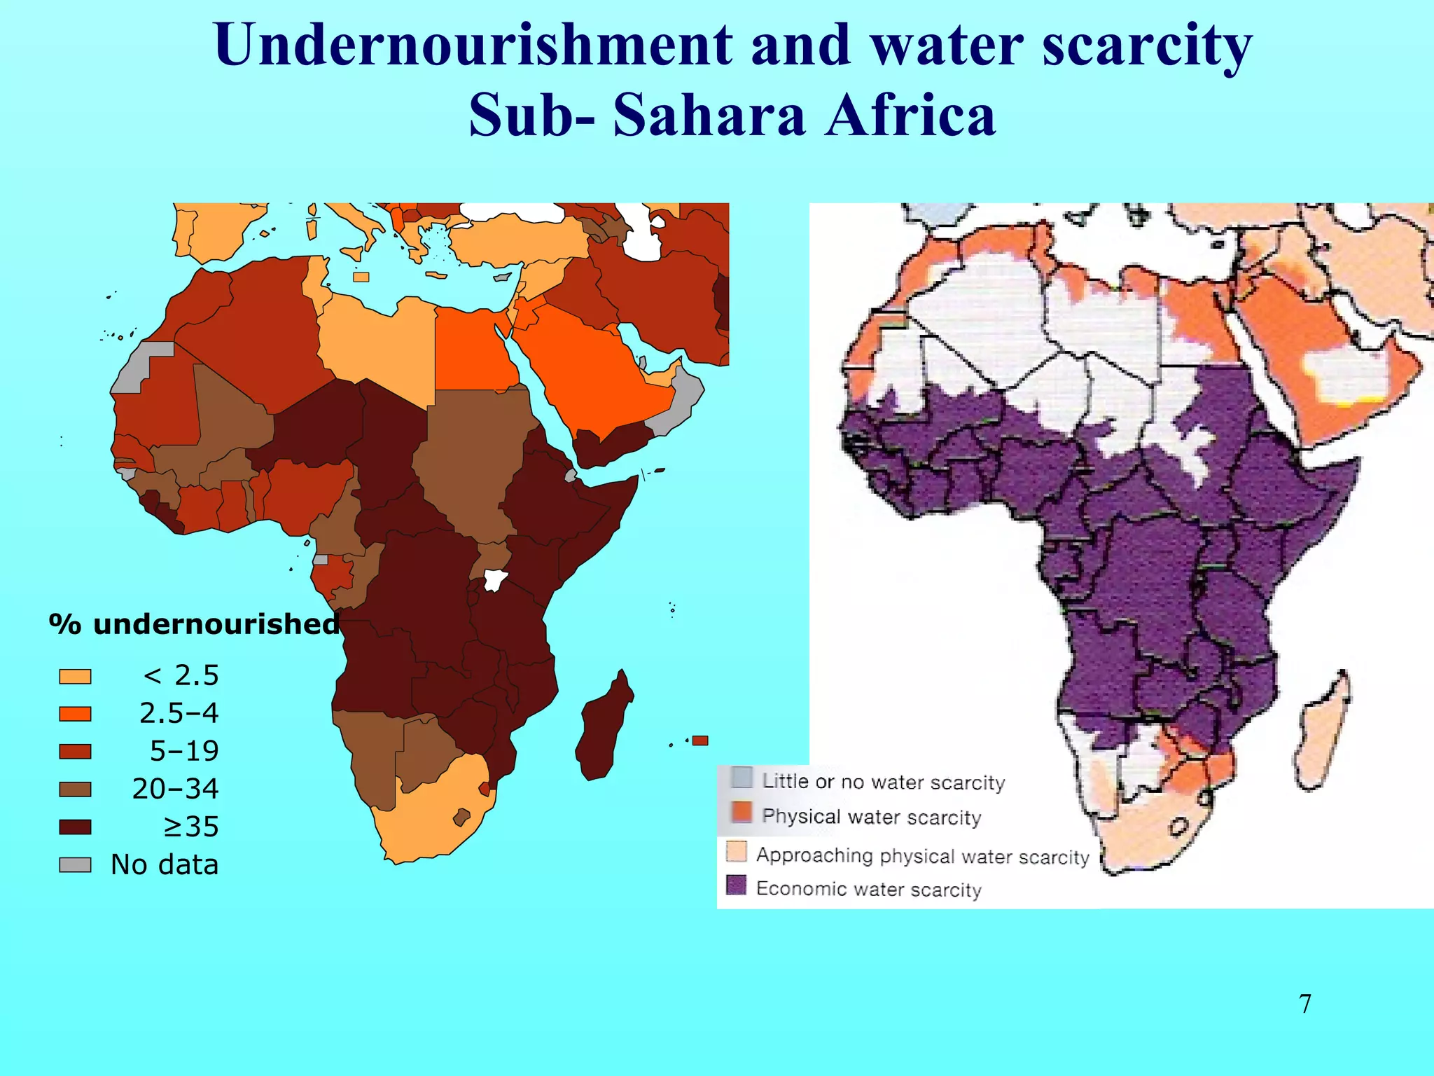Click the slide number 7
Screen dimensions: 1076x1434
(x=1305, y=1004)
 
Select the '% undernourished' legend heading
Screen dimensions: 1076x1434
(x=194, y=624)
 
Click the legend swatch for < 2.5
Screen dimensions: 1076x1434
(x=75, y=676)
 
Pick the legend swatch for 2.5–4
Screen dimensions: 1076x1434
(x=75, y=714)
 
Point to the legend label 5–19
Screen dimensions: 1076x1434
(x=184, y=751)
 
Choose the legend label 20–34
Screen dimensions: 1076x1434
(x=175, y=789)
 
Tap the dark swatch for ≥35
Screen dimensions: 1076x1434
(x=75, y=827)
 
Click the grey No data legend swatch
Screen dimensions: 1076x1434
(x=75, y=865)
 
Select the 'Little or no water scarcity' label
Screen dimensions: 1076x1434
(x=883, y=782)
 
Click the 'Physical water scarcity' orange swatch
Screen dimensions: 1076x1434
(x=742, y=813)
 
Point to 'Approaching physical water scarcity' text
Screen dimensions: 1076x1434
(x=922, y=856)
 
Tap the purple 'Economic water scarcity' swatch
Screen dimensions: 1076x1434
(x=736, y=885)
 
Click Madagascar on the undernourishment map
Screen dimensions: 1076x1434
(x=604, y=729)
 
